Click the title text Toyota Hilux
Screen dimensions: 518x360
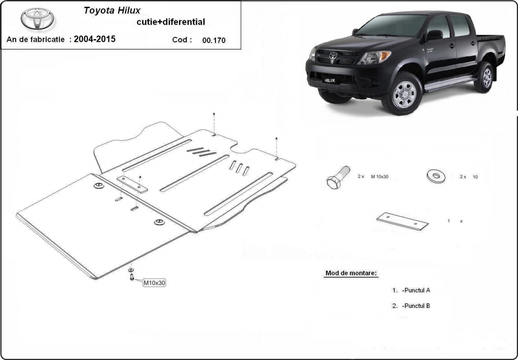point(112,11)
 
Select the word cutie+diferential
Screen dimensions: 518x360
point(170,22)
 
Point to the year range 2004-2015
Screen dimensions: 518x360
point(94,39)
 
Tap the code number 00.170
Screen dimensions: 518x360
point(214,40)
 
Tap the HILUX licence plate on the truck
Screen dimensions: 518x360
point(329,80)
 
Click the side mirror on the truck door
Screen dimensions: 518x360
point(434,35)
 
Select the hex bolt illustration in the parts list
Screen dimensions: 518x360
point(338,178)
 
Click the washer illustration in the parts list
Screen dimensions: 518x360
point(436,176)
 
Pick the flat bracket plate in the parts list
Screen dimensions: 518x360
point(402,221)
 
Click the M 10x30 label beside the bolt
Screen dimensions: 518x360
point(380,177)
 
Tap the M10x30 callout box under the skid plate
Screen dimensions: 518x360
point(154,283)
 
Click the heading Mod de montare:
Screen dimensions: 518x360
point(351,273)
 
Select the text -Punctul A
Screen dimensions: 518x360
point(416,290)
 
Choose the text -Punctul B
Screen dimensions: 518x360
point(416,306)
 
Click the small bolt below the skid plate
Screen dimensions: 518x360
point(132,276)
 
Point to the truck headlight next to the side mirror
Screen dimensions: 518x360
point(375,57)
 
